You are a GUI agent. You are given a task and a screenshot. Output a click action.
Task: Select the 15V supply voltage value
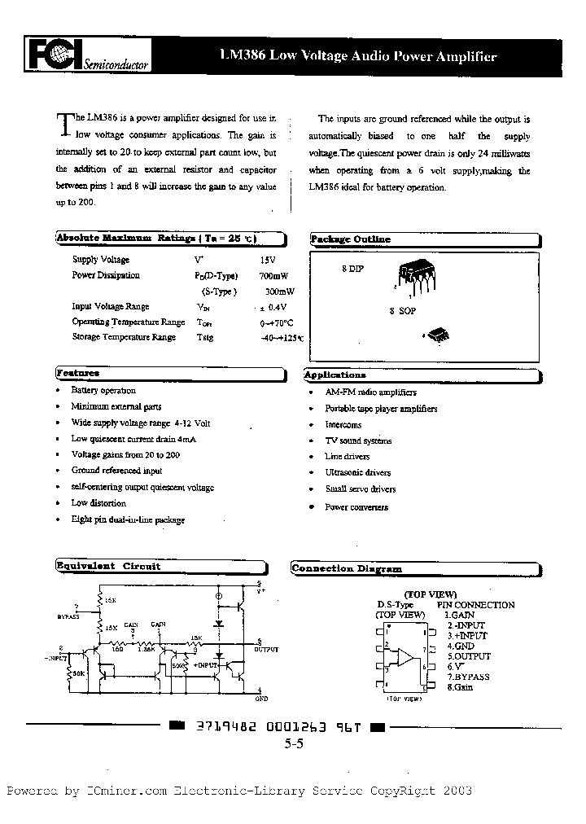[x=268, y=260]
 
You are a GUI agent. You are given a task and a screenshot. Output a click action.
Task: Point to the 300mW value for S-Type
[x=279, y=291]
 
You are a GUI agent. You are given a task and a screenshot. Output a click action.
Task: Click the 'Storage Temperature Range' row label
[x=124, y=337]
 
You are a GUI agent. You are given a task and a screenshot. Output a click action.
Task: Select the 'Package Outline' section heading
[x=350, y=239]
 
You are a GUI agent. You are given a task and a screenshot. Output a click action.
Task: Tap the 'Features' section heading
[x=78, y=373]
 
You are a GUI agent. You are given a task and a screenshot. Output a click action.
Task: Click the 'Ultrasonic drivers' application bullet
[x=357, y=472]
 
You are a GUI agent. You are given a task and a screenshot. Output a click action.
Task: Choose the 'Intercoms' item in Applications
[x=343, y=425]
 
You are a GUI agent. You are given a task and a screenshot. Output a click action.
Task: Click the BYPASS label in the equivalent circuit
[x=68, y=617]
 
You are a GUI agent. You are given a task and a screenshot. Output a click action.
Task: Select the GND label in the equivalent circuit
[x=261, y=699]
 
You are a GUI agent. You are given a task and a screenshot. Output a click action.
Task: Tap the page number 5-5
[x=293, y=743]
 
